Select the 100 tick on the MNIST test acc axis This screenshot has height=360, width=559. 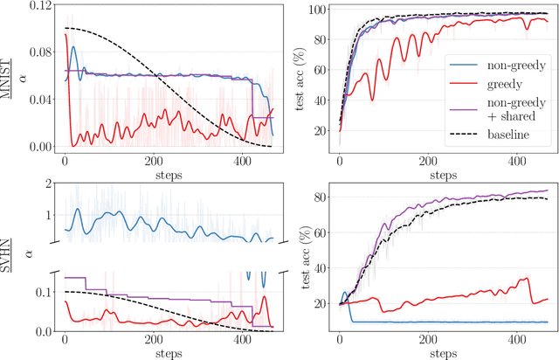pyautogui.click(x=321, y=10)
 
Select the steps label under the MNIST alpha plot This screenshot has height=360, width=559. pyautogui.click(x=155, y=172)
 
